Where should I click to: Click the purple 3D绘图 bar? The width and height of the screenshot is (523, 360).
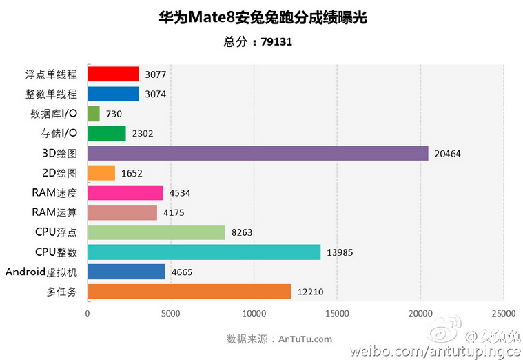[258, 153]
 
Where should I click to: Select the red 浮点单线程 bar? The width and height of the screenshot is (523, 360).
[113, 74]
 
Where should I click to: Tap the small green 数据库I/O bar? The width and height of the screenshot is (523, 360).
[94, 114]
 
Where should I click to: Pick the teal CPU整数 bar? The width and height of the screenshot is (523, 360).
[204, 252]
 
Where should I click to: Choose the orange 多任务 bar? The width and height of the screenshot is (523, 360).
[189, 292]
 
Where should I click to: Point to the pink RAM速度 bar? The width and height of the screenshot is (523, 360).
[125, 192]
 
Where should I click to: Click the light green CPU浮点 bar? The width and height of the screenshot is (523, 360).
[156, 232]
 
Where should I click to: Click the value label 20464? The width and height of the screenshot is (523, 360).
[447, 154]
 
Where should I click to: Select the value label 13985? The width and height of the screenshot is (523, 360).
[340, 252]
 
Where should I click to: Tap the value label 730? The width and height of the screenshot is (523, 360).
[114, 114]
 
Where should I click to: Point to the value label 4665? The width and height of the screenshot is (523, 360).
[182, 272]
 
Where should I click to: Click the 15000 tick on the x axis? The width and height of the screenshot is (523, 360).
[337, 313]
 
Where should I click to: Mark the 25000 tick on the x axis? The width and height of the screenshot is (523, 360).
[504, 313]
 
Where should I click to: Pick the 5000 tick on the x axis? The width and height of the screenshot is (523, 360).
[170, 313]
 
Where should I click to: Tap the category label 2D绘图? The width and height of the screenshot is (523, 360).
[59, 173]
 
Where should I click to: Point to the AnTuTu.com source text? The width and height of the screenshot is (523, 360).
[305, 339]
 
